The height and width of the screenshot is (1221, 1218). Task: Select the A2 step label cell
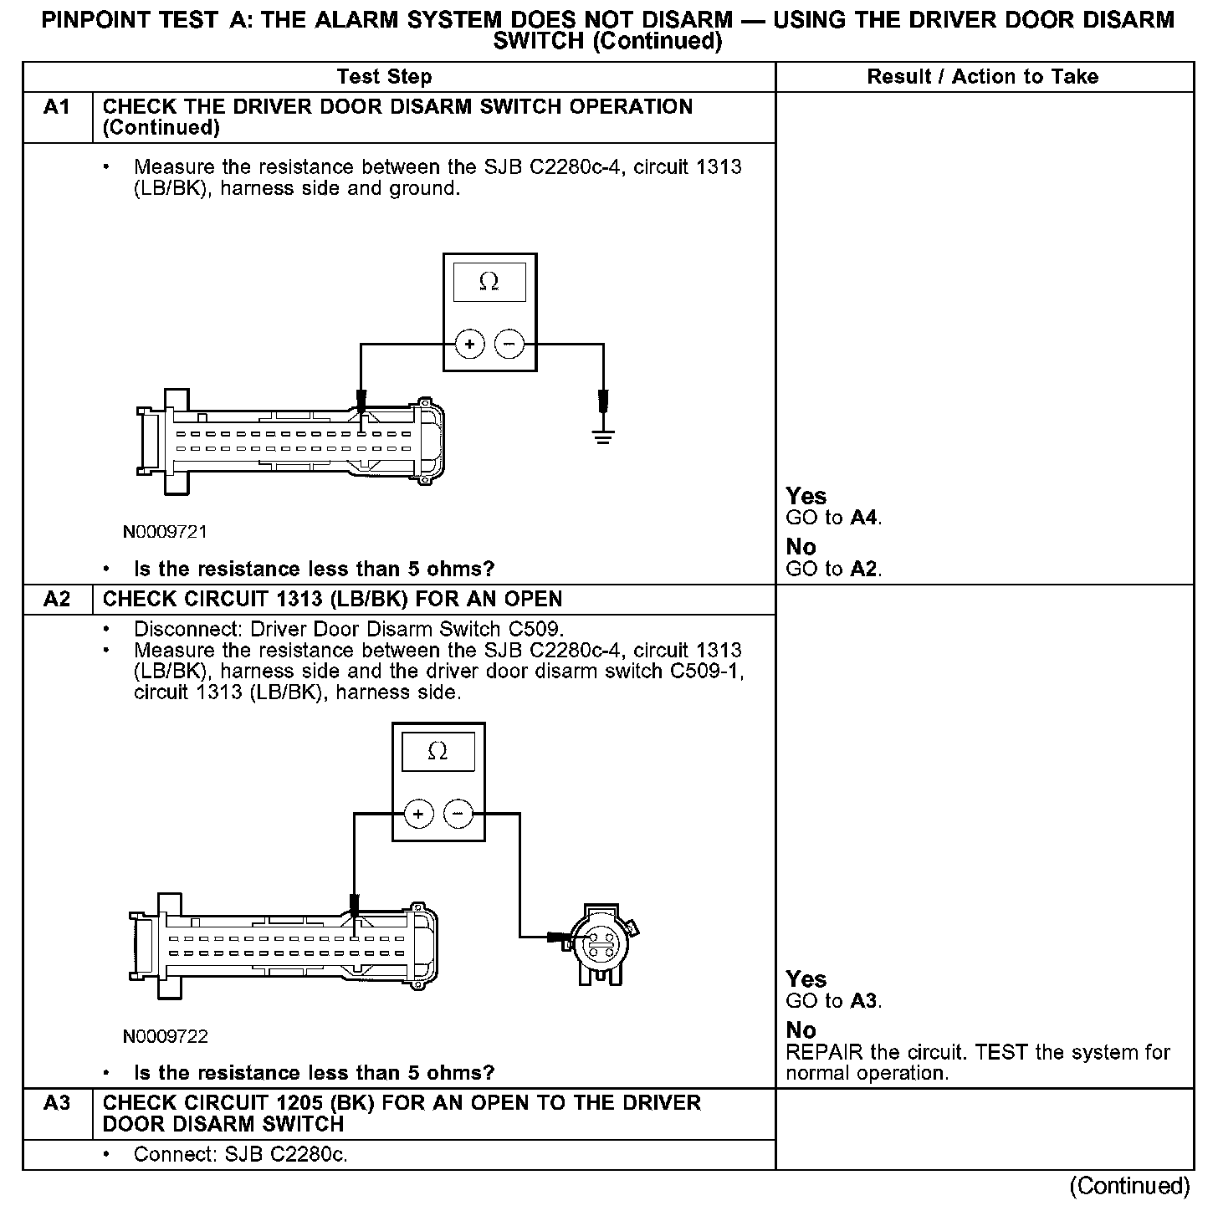tap(57, 600)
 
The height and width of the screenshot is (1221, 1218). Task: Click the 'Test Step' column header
tap(384, 77)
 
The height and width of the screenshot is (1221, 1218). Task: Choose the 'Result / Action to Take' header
tap(982, 77)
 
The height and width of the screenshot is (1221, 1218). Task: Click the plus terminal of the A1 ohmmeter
tap(469, 344)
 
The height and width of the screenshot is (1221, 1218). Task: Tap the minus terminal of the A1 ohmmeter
tap(509, 344)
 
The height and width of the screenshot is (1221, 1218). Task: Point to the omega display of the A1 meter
tap(489, 283)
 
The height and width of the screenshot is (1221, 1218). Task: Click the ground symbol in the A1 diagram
tap(602, 434)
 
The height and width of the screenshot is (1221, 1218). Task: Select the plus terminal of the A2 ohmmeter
tap(418, 813)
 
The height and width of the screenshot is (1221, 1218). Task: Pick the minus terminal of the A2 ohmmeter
tap(458, 813)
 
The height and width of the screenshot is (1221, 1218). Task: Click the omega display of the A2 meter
tap(438, 752)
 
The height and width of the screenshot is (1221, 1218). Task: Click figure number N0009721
tap(165, 532)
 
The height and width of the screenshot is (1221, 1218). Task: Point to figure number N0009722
tap(165, 1036)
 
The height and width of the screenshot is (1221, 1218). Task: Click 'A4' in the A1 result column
tap(864, 518)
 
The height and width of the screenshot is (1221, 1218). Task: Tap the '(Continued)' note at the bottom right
tap(1128, 1186)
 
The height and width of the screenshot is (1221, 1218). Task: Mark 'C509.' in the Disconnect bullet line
tap(537, 629)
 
